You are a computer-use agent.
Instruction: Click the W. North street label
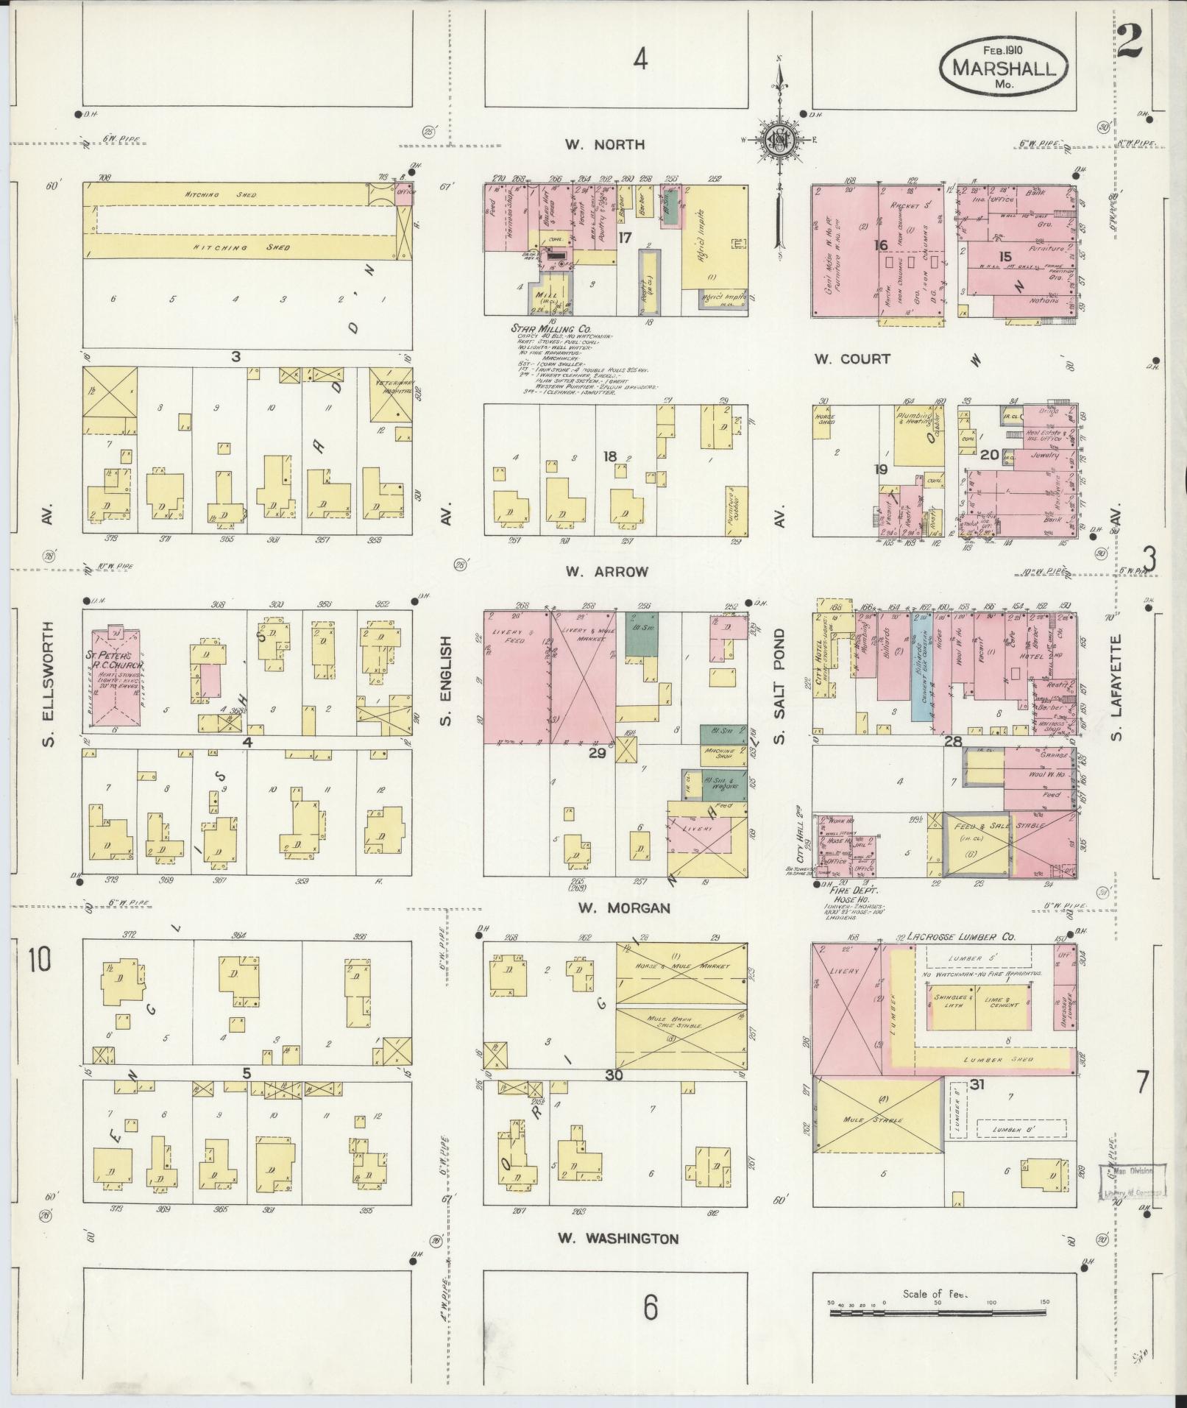(605, 145)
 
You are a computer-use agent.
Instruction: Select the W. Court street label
(852, 359)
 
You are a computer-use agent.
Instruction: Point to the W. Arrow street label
(606, 572)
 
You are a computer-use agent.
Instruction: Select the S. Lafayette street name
(1116, 687)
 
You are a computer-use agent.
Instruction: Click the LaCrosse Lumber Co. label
(961, 937)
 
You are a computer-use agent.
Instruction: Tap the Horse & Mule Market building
(681, 972)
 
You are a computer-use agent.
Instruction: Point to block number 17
(625, 238)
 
